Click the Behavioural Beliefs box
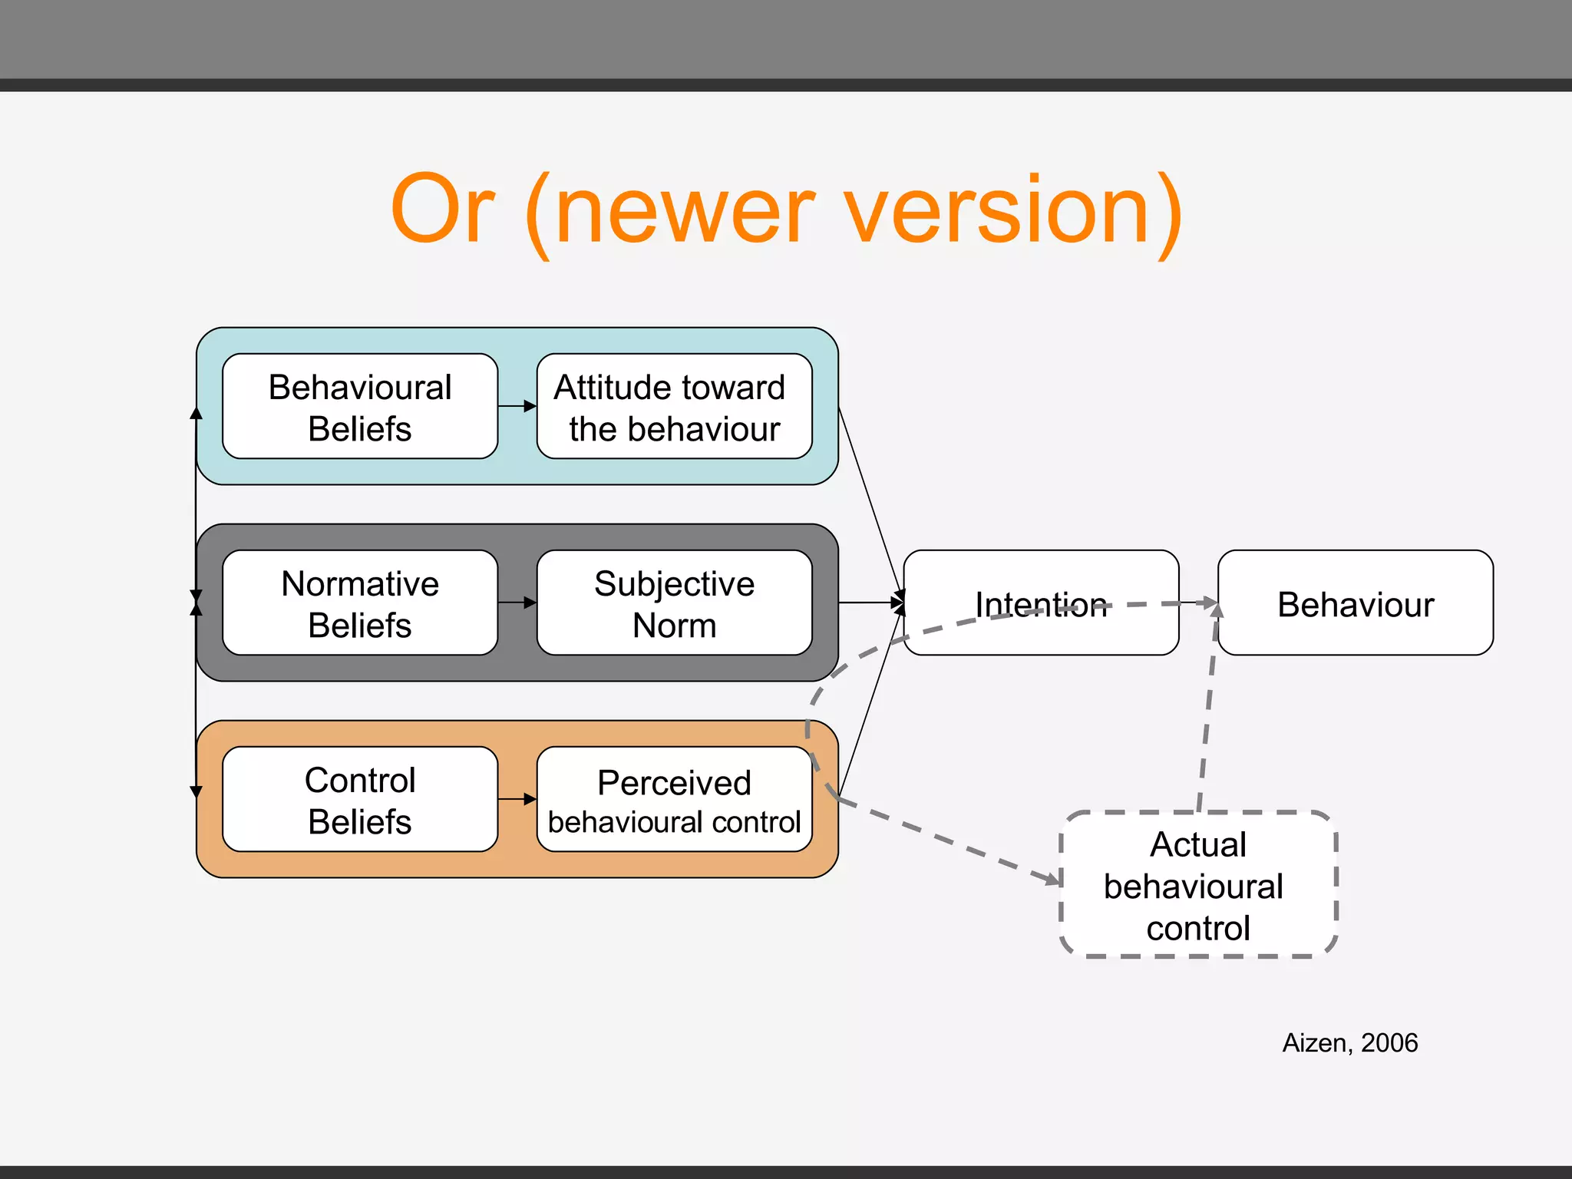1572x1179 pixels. click(359, 407)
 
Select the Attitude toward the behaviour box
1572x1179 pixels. click(674, 407)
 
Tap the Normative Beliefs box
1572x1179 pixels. click(359, 603)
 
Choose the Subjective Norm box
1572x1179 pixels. click(674, 603)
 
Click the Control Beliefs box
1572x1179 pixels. click(359, 800)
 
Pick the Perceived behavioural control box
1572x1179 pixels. click(674, 800)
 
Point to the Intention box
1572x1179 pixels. click(1041, 603)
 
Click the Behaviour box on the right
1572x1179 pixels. click(1356, 603)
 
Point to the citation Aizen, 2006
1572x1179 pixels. click(1349, 1042)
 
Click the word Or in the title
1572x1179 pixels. click(442, 209)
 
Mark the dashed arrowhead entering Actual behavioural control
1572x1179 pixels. click(1051, 877)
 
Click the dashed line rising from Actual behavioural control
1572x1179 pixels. click(1207, 714)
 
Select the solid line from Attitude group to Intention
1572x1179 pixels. click(869, 499)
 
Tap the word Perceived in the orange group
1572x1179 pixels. click(674, 783)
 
